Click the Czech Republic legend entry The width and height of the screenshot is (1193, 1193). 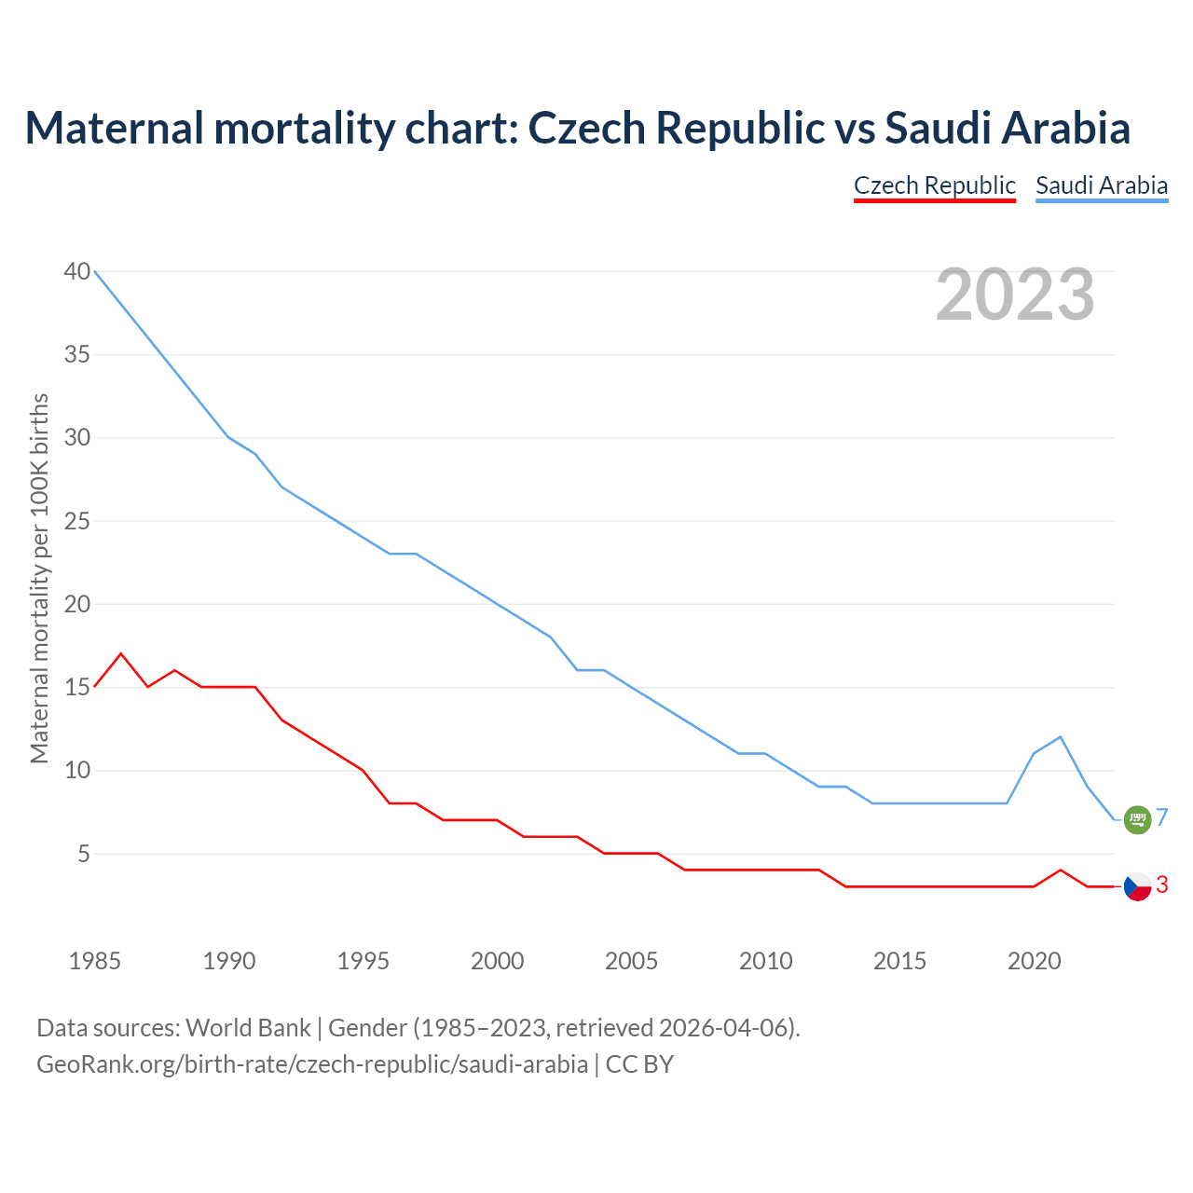[x=934, y=185]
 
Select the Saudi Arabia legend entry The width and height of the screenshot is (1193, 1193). [x=1102, y=185]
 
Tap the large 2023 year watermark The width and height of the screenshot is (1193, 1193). [x=1015, y=295]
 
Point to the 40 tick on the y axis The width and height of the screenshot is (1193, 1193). [x=77, y=271]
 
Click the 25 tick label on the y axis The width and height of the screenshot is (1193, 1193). [x=77, y=521]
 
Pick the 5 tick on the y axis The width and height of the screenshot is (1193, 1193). [x=83, y=854]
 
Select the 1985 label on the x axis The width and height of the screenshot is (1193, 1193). [x=95, y=961]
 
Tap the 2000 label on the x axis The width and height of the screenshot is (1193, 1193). [x=497, y=961]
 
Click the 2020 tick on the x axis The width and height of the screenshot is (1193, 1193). [x=1034, y=961]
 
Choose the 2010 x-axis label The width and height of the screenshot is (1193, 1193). [x=765, y=961]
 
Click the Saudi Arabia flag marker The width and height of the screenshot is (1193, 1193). [x=1137, y=819]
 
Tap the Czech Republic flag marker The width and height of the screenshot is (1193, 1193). [x=1137, y=886]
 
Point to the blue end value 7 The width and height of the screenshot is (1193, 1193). [x=1162, y=818]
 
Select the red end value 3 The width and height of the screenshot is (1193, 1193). [x=1162, y=885]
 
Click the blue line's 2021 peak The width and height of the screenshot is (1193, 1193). [x=1061, y=737]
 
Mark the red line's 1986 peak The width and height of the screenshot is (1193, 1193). [x=121, y=653]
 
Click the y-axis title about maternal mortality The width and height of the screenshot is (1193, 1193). [x=39, y=578]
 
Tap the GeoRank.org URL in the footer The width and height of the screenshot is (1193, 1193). [x=312, y=1063]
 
